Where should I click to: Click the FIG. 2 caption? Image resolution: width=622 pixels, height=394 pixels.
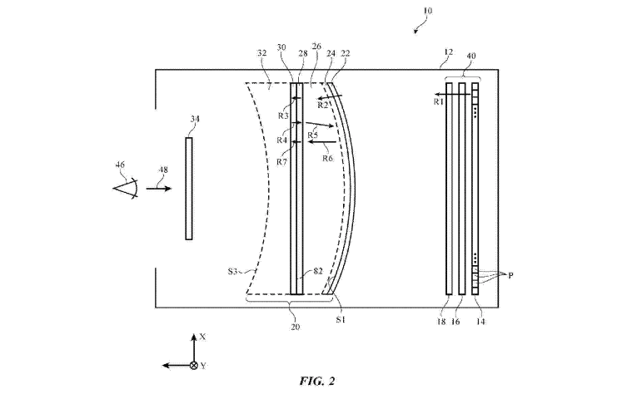317,381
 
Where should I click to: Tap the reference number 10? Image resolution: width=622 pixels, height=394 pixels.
427,11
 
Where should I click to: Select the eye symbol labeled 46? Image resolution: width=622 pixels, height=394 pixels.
126,189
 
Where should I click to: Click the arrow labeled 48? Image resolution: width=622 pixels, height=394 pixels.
159,189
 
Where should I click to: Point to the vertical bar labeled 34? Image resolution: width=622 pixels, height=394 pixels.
189,189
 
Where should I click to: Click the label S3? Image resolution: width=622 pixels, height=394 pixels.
232,272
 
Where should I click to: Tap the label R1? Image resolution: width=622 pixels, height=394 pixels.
438,101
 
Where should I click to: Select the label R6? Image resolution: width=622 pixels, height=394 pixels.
327,158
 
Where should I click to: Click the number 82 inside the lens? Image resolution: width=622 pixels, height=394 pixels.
318,271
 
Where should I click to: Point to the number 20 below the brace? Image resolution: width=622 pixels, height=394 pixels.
295,327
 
